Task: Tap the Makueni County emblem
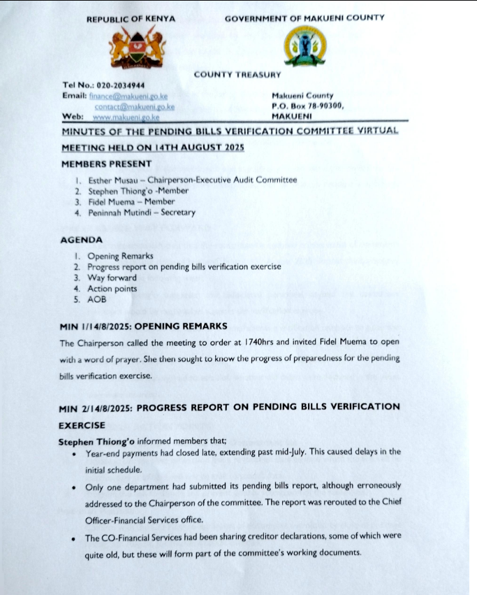click(x=304, y=45)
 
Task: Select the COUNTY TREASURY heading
click(x=237, y=74)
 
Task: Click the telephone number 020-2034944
click(x=120, y=85)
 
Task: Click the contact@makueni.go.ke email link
click(x=134, y=106)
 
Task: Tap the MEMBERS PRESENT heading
click(x=106, y=164)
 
